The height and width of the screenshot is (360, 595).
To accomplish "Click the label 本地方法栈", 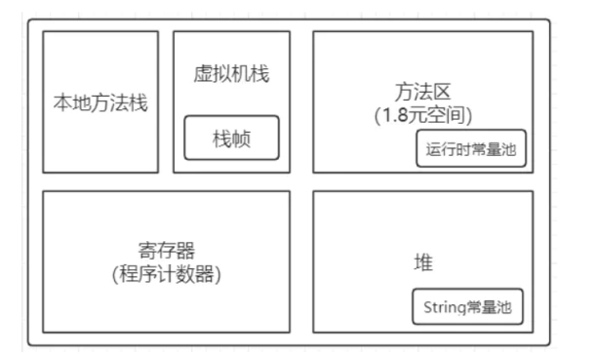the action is (100, 102).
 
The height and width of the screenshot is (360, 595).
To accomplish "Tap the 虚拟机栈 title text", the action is (231, 73).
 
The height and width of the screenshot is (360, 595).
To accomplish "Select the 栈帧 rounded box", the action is (231, 138).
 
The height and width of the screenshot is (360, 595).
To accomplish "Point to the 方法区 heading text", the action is (422, 92).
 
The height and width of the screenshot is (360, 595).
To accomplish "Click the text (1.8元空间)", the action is (423, 115).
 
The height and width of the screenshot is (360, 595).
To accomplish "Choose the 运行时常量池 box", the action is (471, 148).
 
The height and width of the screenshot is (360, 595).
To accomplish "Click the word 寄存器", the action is (166, 251).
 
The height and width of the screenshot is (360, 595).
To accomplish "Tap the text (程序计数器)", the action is (166, 274).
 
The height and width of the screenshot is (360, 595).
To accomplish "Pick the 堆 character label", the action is (423, 262).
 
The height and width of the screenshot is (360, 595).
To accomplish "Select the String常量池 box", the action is (467, 307).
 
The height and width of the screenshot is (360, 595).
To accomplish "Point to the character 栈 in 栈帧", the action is (222, 139).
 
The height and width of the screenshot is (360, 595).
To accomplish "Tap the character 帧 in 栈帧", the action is (241, 139).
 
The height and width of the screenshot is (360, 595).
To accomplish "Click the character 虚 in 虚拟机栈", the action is (203, 73).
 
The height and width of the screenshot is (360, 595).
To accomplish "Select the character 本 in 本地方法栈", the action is (62, 102).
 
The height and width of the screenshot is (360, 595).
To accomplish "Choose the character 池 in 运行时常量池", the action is (508, 149).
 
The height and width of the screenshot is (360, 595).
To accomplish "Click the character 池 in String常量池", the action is (504, 307).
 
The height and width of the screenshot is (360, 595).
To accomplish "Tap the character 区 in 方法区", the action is (442, 92).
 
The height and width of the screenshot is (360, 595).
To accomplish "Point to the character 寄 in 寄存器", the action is (147, 251).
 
